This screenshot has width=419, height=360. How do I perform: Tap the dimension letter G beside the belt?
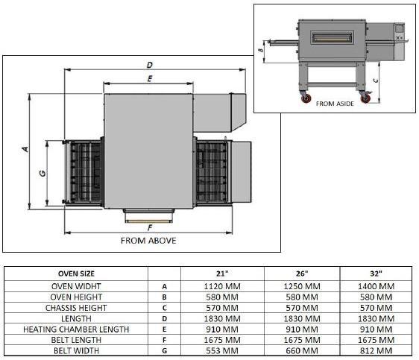42,173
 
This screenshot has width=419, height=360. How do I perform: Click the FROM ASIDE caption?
335,104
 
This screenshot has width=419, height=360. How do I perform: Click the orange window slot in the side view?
332,37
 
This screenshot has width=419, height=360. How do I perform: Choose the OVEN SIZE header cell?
77,273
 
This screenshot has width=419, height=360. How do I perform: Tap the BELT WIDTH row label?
77,350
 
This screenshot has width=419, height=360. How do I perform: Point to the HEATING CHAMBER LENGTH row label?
77,328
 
